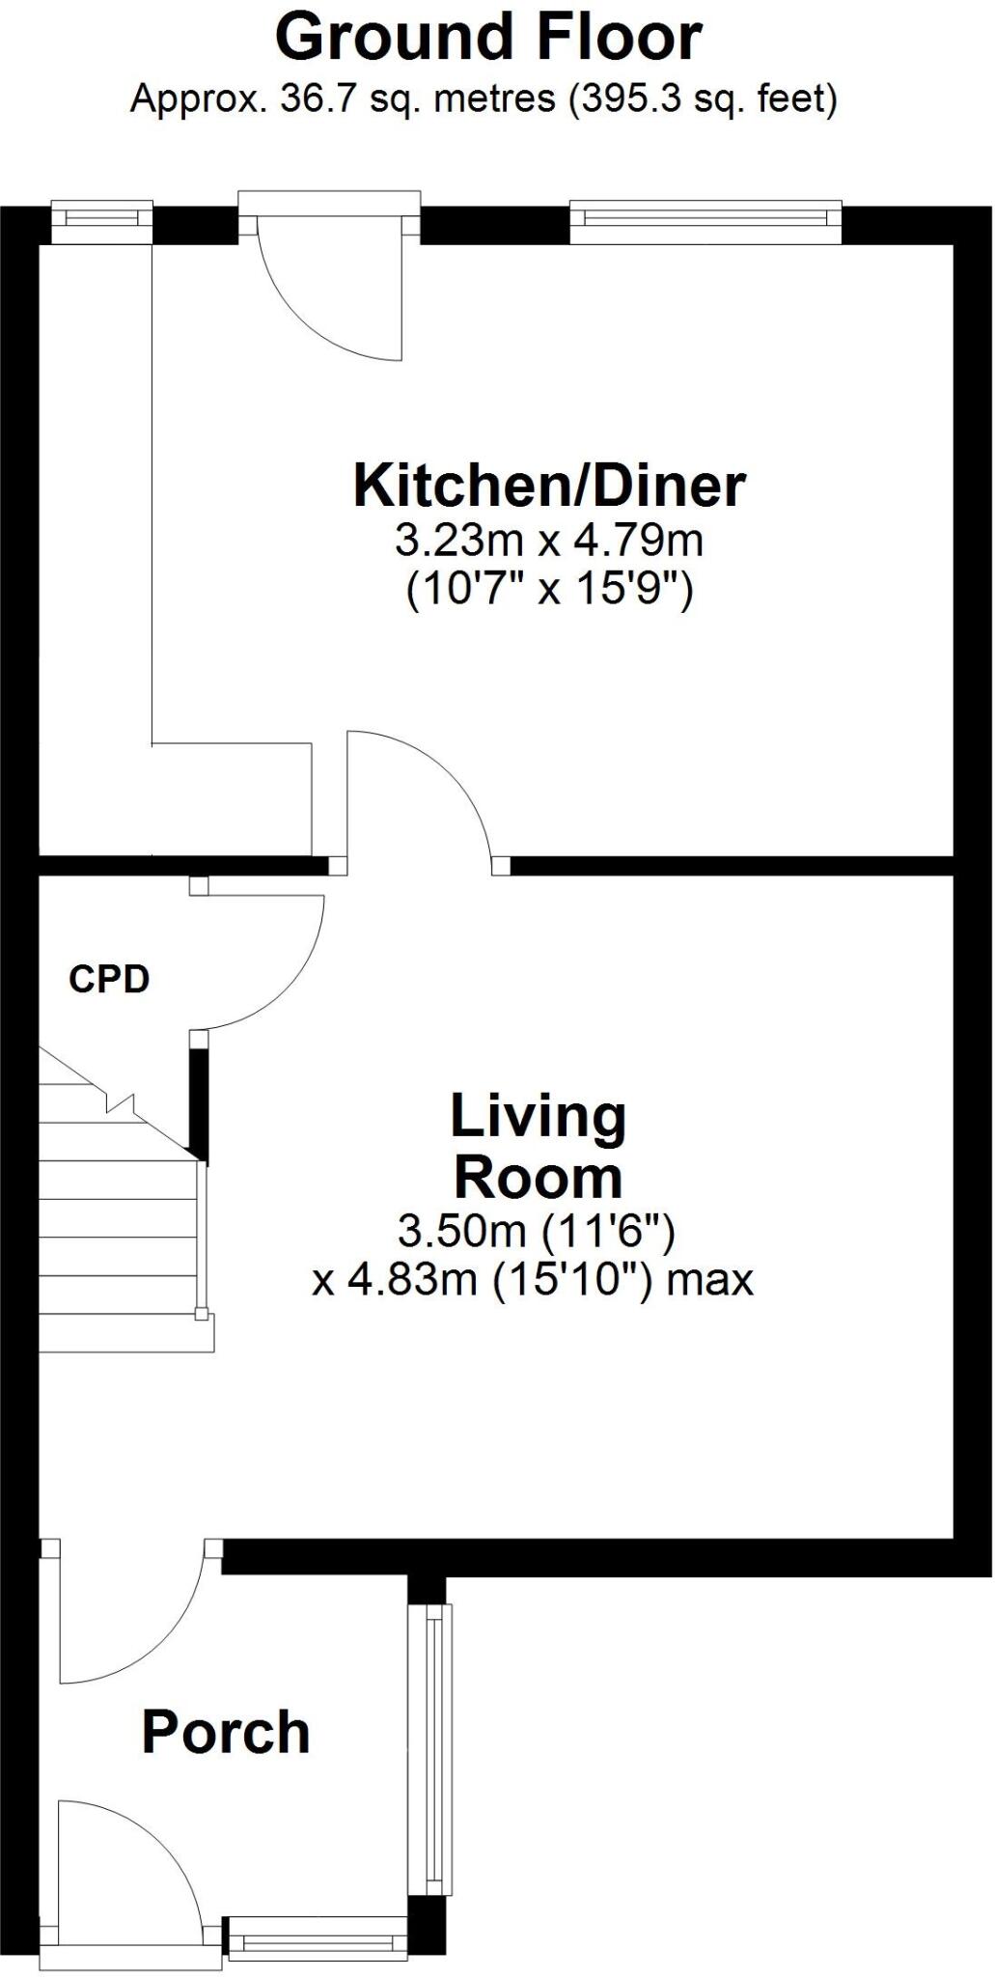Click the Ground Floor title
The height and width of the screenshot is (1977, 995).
click(488, 39)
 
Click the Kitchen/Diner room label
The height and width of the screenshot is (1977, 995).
click(549, 486)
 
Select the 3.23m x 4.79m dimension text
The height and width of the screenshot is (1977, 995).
click(549, 541)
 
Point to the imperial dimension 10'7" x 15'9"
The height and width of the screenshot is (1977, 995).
click(549, 589)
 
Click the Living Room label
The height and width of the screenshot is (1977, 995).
click(539, 1147)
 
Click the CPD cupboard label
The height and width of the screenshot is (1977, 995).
click(109, 980)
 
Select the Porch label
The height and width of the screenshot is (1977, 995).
click(226, 1732)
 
